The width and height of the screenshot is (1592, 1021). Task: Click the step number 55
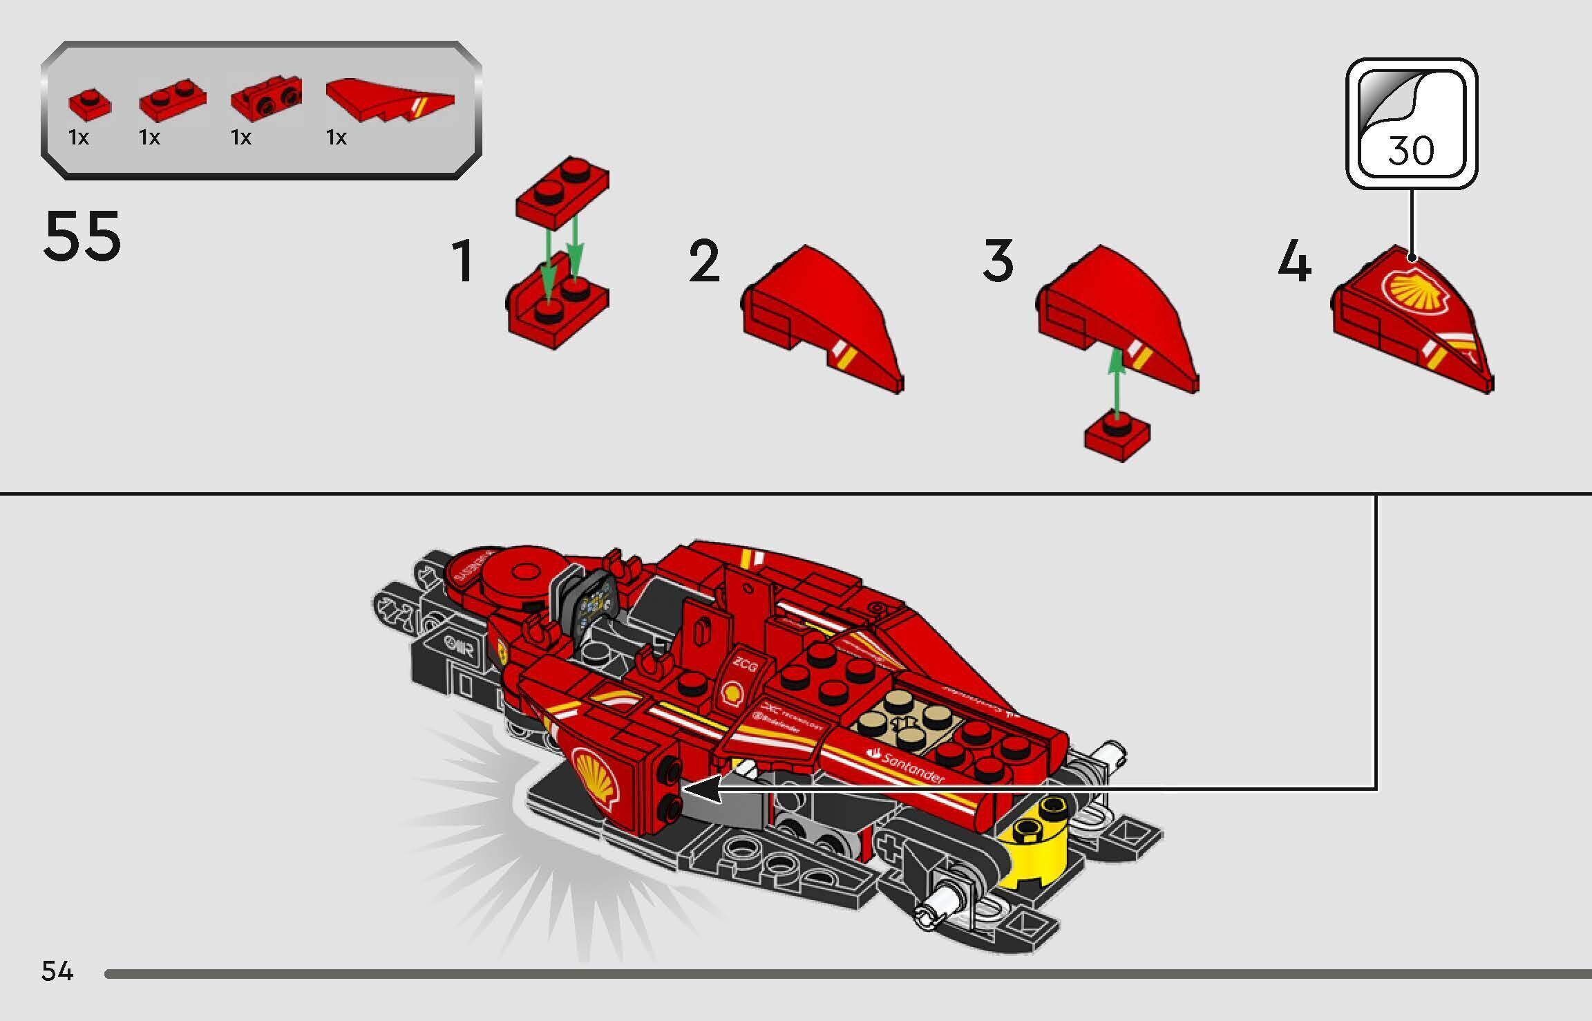coord(82,236)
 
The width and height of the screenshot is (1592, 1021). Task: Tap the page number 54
coord(57,971)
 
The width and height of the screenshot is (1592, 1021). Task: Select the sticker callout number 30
coord(1411,150)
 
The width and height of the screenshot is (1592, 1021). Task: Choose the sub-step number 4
coord(1294,261)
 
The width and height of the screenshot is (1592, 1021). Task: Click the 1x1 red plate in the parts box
coord(89,104)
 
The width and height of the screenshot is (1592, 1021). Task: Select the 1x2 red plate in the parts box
coord(172,100)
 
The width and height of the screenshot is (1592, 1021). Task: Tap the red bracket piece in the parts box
coord(266,99)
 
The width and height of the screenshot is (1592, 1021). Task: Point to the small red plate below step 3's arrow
coord(1117,437)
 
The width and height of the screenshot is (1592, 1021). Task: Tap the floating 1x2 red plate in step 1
coord(562,191)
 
